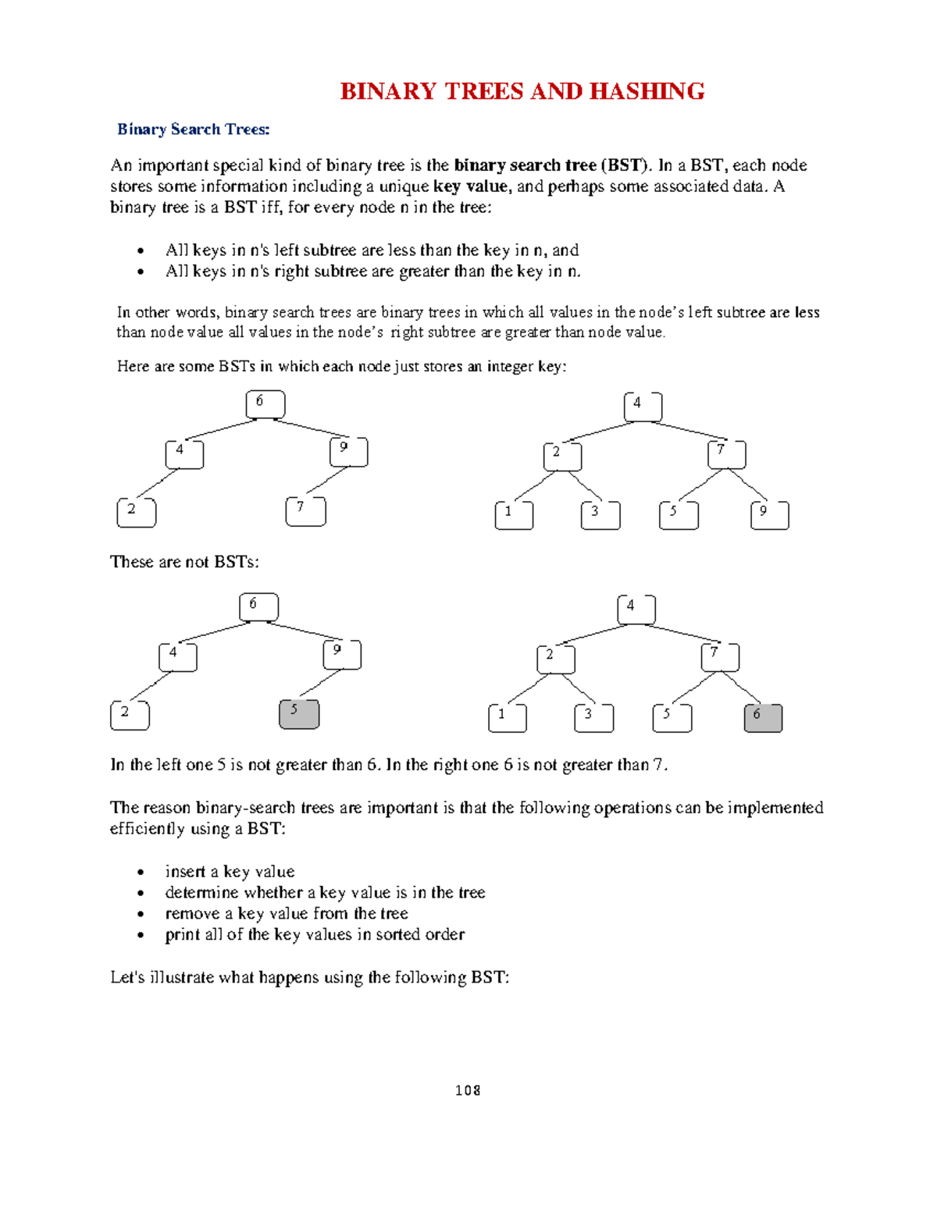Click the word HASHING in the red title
click(x=647, y=91)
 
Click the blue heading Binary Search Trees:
click(x=193, y=130)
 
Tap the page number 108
click(x=468, y=1090)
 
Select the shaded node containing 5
click(x=299, y=714)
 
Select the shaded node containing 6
click(x=763, y=717)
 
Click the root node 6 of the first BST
click(x=265, y=404)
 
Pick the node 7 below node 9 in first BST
click(x=306, y=511)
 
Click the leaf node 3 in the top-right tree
click(x=600, y=515)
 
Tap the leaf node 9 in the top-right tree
click(x=769, y=515)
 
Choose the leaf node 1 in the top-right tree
click(x=514, y=515)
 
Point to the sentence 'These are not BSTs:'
click(x=184, y=562)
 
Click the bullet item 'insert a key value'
click(x=230, y=872)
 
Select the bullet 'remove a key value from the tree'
click(x=286, y=913)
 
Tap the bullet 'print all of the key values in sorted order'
click(x=315, y=934)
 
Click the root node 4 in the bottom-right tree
click(x=636, y=610)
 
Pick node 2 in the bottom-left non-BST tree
click(x=130, y=715)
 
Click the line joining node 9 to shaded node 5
click(x=320, y=683)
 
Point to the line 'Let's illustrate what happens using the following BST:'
click(x=309, y=977)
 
